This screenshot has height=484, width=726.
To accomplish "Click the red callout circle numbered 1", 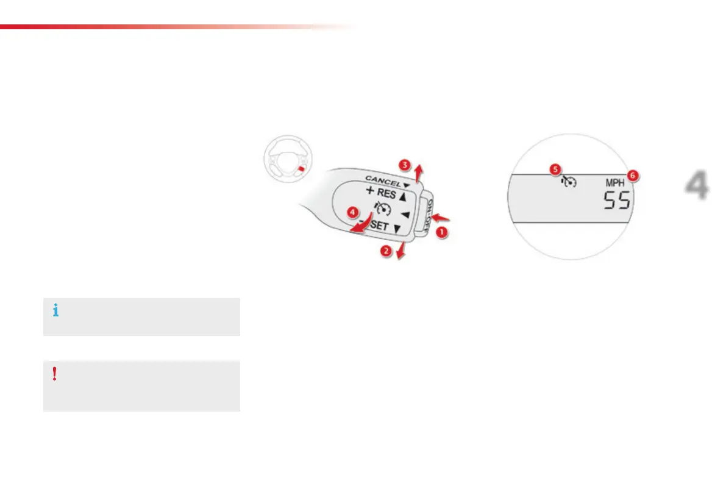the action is click(x=443, y=232).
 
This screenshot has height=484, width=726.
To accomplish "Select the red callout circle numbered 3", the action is click(x=405, y=165).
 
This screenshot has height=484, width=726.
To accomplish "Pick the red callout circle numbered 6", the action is click(x=633, y=176).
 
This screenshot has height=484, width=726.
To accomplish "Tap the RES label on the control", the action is click(x=386, y=194).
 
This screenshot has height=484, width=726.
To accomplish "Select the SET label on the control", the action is click(x=379, y=227).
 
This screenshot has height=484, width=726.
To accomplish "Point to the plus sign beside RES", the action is click(x=369, y=190).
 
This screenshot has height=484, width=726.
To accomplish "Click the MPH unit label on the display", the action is click(x=614, y=182).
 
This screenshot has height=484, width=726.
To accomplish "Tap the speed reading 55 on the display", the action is click(x=616, y=201).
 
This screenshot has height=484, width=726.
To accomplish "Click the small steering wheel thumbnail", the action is click(x=285, y=160).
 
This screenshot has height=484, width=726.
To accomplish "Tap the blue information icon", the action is click(x=56, y=311).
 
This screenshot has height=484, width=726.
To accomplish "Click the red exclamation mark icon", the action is click(x=55, y=374).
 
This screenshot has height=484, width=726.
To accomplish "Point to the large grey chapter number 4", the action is click(x=696, y=187).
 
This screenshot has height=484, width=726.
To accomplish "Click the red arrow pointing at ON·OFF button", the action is click(x=444, y=216).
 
